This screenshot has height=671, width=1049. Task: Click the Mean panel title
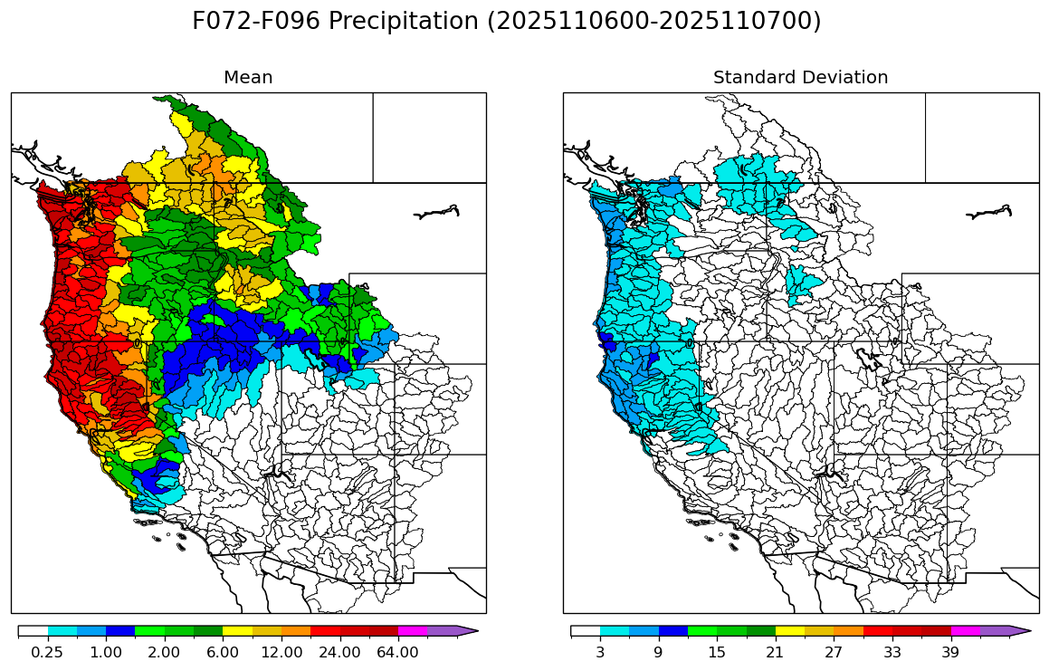(248, 78)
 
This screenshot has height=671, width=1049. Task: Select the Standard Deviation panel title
(800, 78)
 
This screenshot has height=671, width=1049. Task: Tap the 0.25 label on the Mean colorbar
(47, 652)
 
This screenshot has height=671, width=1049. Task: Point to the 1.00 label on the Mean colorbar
(106, 652)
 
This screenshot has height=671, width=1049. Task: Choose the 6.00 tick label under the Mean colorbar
(223, 652)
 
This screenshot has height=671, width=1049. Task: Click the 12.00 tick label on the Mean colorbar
(281, 652)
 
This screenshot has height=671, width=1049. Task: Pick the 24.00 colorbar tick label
(339, 652)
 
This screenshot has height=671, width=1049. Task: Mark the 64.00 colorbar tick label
(398, 652)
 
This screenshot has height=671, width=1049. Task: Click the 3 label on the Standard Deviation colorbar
(600, 652)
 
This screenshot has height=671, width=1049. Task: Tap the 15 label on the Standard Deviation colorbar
(717, 652)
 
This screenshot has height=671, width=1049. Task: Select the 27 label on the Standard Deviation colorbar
(834, 652)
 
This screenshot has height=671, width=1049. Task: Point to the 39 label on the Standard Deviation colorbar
(950, 652)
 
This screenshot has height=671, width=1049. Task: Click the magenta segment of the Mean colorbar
(413, 630)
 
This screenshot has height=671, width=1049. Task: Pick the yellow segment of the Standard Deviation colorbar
(790, 630)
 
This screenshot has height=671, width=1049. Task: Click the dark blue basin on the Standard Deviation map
(606, 343)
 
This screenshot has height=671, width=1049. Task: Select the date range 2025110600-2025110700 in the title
(653, 22)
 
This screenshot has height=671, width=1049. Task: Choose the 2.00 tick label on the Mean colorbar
(164, 652)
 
